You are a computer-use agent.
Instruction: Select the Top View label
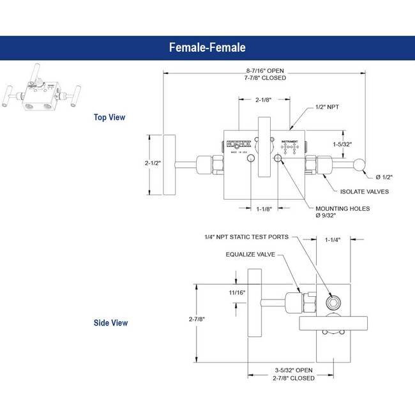[109, 117]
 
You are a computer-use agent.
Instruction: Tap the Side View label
[110, 323]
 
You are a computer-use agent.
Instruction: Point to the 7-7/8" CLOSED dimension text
[266, 77]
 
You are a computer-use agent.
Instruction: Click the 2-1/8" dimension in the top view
[264, 100]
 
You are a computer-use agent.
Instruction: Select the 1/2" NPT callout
[327, 107]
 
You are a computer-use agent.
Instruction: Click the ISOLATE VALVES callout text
[365, 192]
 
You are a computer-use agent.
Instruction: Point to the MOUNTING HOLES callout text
[343, 208]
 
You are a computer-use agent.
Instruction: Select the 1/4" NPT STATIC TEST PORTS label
[246, 236]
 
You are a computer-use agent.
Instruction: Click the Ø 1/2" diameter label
[384, 176]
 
